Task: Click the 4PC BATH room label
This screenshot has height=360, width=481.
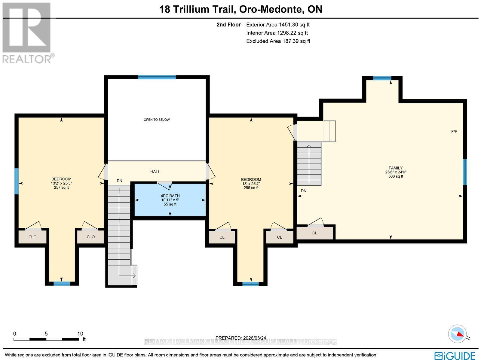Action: (170, 196)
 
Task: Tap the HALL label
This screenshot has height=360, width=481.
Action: (155, 172)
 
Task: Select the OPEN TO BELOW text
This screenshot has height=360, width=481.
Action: (157, 120)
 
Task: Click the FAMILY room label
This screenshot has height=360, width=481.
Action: (395, 168)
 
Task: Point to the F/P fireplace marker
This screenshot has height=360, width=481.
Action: (454, 132)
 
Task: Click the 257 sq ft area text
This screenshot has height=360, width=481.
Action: (61, 188)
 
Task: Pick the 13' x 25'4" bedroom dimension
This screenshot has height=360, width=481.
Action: (251, 184)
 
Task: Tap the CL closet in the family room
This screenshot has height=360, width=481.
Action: (315, 233)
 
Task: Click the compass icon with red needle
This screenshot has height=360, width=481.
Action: (457, 334)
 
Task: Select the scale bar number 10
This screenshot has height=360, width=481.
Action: (80, 334)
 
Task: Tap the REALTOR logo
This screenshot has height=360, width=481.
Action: (28, 33)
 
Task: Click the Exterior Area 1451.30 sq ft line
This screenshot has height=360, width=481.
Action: (277, 25)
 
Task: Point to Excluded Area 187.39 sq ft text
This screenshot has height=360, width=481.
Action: (278, 41)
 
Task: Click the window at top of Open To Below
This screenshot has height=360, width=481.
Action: (157, 77)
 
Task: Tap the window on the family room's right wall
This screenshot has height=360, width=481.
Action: (465, 172)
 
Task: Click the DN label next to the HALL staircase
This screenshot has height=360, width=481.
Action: (119, 181)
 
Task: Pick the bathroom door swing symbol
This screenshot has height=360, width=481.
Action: (165, 184)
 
